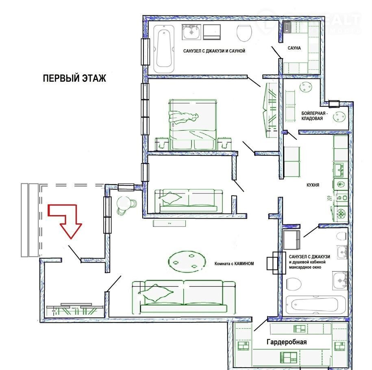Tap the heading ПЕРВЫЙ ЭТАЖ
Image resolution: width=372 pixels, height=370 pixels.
74,78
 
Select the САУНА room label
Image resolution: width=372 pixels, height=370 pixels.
294,48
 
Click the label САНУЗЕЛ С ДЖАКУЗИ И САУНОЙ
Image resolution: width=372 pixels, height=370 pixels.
214,51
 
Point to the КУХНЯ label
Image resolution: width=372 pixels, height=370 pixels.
313,185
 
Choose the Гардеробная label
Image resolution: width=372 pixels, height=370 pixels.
287,342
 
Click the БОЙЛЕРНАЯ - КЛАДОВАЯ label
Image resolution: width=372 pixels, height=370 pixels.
314,116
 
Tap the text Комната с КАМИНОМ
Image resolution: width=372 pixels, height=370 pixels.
234,263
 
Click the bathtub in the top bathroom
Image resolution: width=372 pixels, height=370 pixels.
164,49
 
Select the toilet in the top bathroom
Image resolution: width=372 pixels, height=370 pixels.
244,33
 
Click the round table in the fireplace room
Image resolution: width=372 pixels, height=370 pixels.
187,262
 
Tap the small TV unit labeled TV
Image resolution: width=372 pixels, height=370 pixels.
169,223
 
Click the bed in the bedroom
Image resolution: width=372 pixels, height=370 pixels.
193,125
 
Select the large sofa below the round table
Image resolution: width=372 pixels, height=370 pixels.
184,297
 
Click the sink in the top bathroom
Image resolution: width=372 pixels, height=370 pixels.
191,32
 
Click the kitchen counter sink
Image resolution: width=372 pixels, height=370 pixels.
341,170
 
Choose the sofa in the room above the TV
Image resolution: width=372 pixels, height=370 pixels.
189,201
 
